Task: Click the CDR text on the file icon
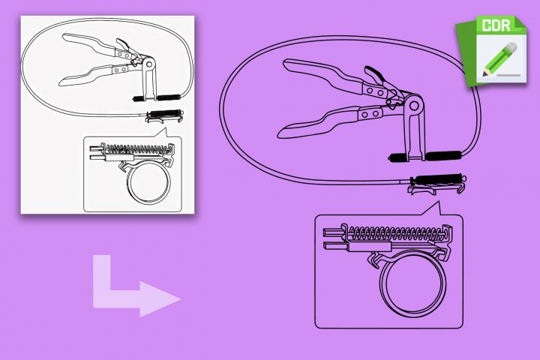click(x=496, y=25)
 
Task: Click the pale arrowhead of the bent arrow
click(x=160, y=298)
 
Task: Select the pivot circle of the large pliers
click(x=414, y=106)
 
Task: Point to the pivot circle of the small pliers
click(x=149, y=64)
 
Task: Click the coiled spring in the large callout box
click(x=395, y=233)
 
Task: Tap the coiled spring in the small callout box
click(x=139, y=148)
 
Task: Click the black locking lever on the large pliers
click(x=373, y=74)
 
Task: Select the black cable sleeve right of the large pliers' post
click(x=443, y=155)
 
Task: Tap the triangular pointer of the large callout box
click(x=433, y=209)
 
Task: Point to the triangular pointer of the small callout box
click(x=161, y=133)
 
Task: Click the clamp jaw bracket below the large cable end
click(x=436, y=189)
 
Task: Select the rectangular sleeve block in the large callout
click(x=370, y=246)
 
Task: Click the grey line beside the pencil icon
click(x=509, y=75)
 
